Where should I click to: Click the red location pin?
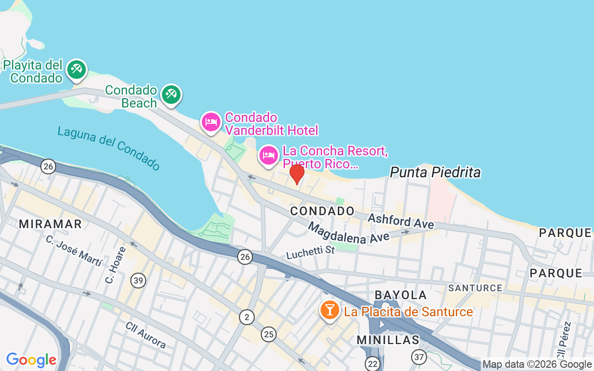point(297,174)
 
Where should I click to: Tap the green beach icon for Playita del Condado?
point(77,70)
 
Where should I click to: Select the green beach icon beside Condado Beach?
point(171,95)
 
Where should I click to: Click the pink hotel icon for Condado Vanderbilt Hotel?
point(211,122)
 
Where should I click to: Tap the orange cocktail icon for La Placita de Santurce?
point(329,310)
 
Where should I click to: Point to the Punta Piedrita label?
point(435,173)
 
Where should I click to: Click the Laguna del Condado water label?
point(109,148)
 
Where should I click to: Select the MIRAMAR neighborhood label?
point(51,224)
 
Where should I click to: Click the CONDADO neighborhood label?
point(323,211)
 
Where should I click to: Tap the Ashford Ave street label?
point(401,221)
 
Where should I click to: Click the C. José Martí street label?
point(74,251)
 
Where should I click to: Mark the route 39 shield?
point(138,280)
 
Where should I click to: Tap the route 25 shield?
point(268,334)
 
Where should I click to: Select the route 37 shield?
point(419,357)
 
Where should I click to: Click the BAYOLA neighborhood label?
point(400,295)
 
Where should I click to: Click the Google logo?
point(32,360)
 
